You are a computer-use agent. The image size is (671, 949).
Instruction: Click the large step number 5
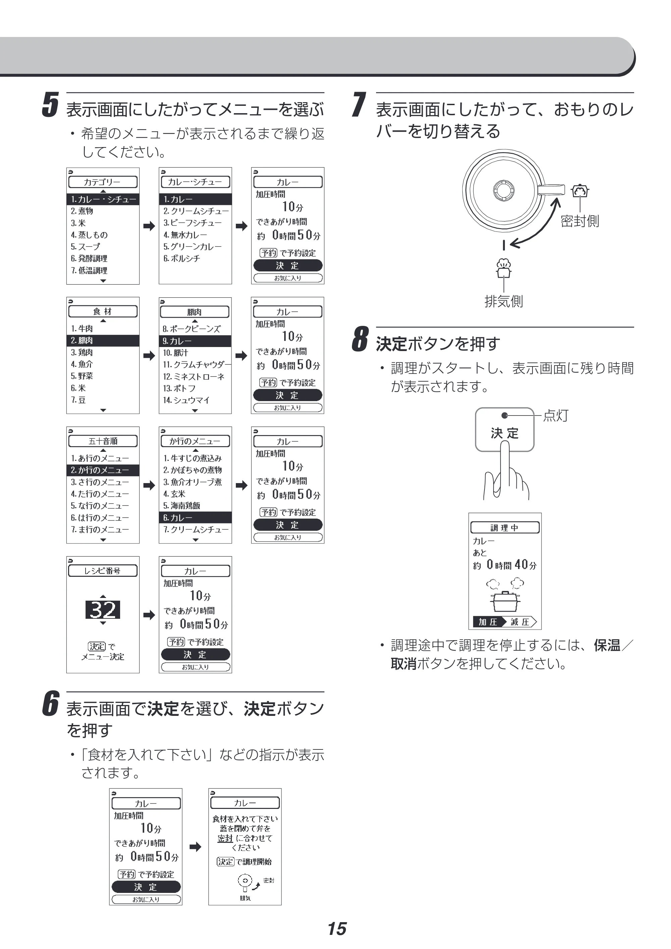click(50, 105)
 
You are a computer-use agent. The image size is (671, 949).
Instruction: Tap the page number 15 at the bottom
click(337, 929)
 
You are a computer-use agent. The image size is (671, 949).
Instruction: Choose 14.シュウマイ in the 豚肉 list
click(186, 400)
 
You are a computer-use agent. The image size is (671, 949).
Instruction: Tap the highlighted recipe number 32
click(103, 610)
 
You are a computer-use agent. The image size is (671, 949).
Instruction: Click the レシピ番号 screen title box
click(103, 571)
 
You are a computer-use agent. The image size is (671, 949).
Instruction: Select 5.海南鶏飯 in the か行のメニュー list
click(182, 506)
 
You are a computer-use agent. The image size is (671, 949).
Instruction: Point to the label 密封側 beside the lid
click(580, 221)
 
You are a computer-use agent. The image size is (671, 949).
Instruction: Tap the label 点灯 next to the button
click(556, 415)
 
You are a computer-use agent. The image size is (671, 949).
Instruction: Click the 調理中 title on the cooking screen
click(505, 527)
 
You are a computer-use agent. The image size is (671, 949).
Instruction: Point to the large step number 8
click(360, 339)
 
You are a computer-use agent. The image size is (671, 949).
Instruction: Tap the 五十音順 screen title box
click(103, 441)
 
